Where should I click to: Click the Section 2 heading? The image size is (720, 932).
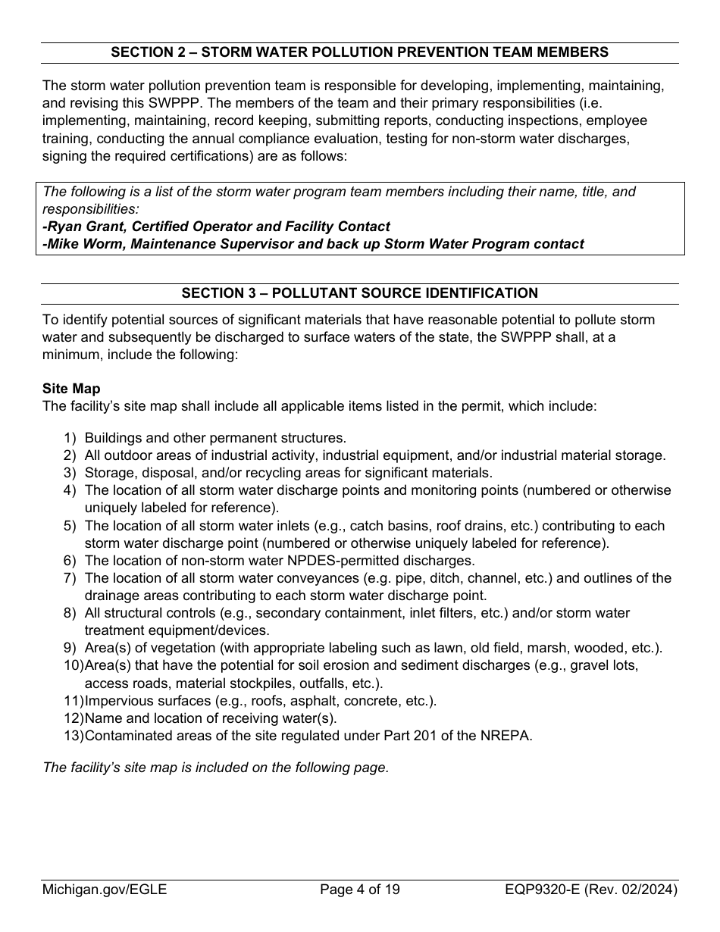pos(359,52)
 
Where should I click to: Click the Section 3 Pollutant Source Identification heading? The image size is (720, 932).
pos(359,293)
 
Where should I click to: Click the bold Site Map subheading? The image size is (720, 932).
pos(71,389)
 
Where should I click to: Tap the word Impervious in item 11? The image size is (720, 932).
pos(118,701)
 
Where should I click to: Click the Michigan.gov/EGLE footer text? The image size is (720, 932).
pos(105,890)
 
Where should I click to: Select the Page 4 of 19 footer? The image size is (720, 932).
pos(359,890)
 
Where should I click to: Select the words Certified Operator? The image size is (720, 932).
pos(199,227)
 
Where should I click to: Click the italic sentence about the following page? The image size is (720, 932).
pos(216,768)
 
